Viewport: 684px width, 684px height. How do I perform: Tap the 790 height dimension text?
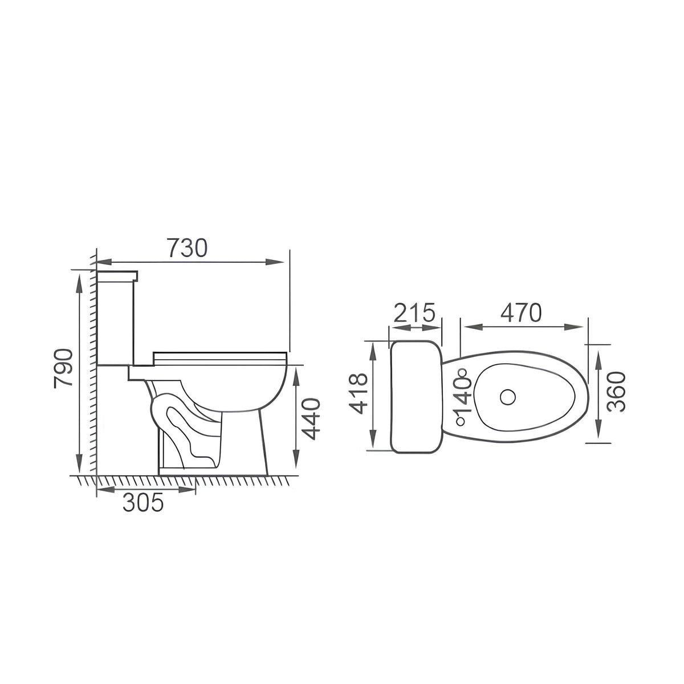63,368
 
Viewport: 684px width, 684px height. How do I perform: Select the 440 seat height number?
311,419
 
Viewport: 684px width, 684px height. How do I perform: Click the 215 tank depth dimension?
414,312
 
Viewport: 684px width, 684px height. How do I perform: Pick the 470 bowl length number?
521,313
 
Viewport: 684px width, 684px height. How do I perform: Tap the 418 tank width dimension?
358,393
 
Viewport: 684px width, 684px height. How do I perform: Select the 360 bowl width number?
616,392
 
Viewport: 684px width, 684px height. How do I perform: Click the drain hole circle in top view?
508,397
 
